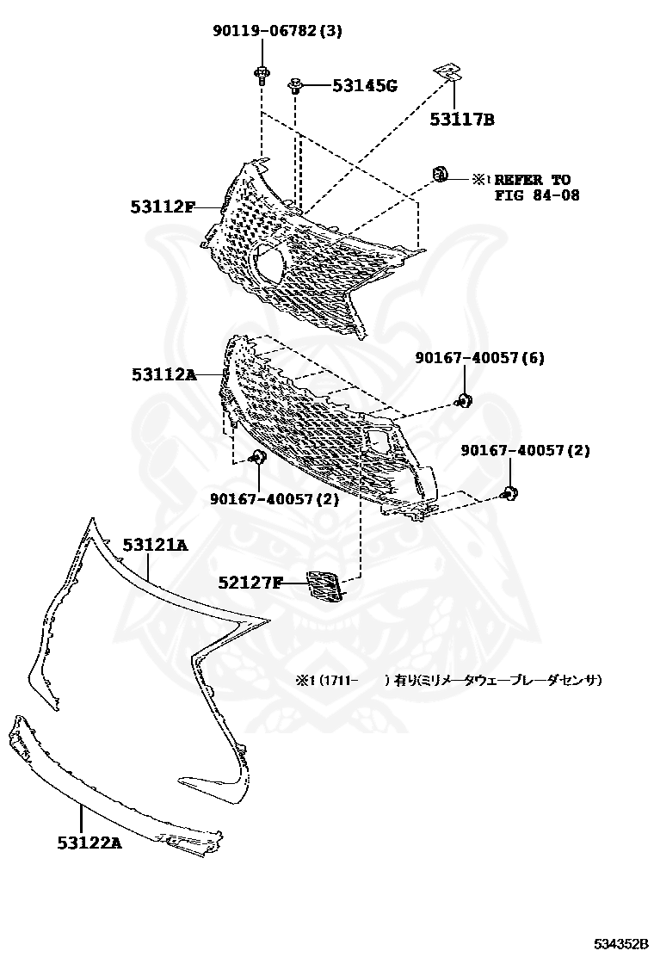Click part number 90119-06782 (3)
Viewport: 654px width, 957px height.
point(277,32)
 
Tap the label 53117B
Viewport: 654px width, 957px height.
point(462,120)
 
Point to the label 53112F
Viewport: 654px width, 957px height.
point(163,207)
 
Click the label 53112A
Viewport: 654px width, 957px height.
point(163,374)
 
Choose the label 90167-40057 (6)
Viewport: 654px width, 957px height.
point(479,357)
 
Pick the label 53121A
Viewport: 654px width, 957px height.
point(154,545)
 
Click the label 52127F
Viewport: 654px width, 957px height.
point(250,583)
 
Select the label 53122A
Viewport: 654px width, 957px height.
point(89,843)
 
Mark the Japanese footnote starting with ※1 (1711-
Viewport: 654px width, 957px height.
point(448,680)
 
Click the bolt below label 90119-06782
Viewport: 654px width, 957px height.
point(260,73)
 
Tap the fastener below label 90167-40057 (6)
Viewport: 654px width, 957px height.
point(465,398)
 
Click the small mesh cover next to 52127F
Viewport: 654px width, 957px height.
point(324,584)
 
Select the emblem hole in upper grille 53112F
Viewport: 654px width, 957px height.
point(272,261)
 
